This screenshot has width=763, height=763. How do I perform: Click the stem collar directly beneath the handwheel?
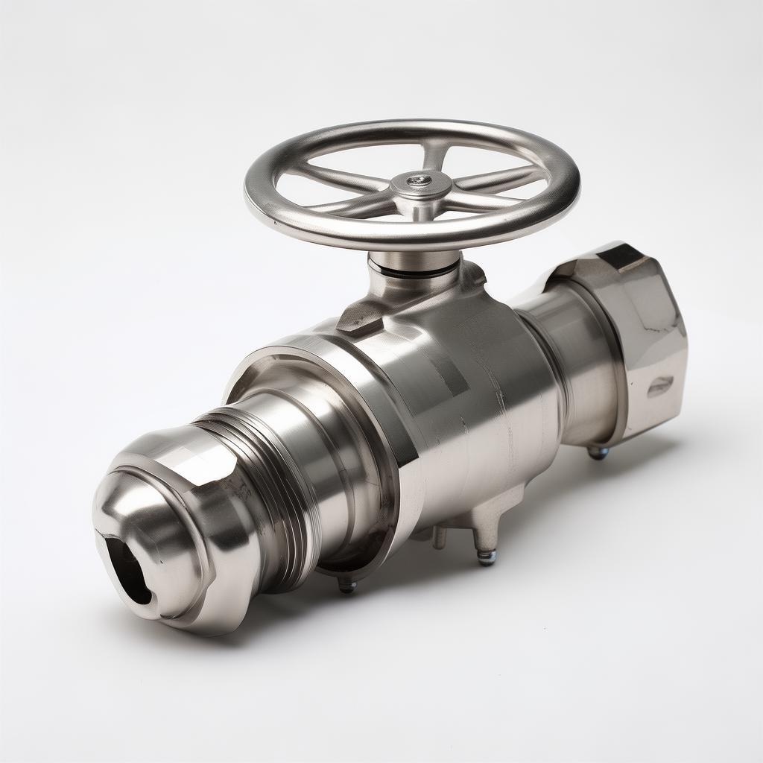(x=412, y=260)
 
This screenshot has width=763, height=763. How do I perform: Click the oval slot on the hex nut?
(x=659, y=385)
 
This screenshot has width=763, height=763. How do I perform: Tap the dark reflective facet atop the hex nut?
(x=624, y=257)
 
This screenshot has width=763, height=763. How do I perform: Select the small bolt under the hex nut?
(x=598, y=452)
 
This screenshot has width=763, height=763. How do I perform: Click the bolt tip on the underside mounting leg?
(x=487, y=557)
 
